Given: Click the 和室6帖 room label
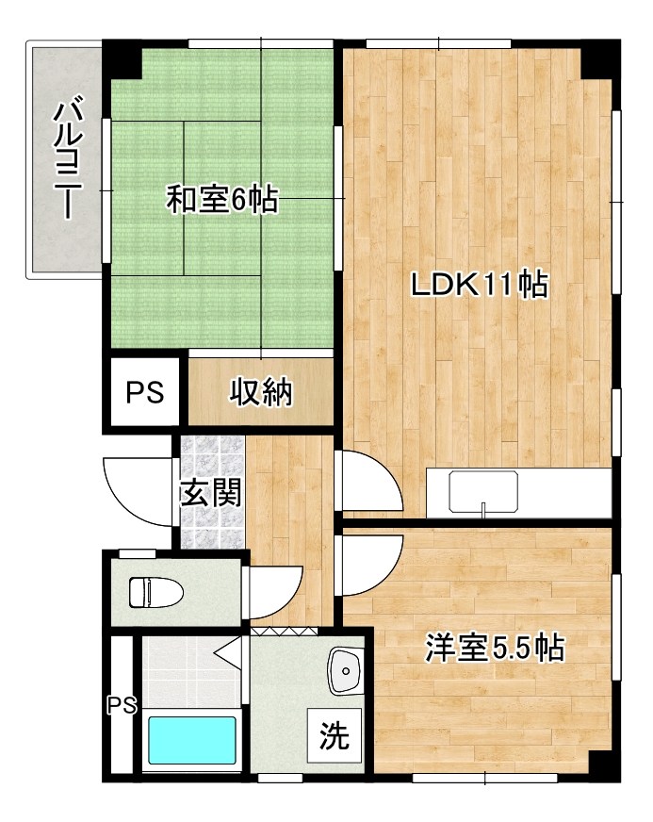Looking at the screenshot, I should click(222, 199).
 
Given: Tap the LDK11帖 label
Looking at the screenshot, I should click(479, 285).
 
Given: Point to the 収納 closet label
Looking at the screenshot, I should click(261, 391).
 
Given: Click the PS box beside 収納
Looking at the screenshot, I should click(145, 391).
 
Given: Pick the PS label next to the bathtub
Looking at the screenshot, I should click(121, 704).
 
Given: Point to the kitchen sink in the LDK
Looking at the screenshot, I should click(482, 491).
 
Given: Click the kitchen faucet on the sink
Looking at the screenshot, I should click(482, 510).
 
